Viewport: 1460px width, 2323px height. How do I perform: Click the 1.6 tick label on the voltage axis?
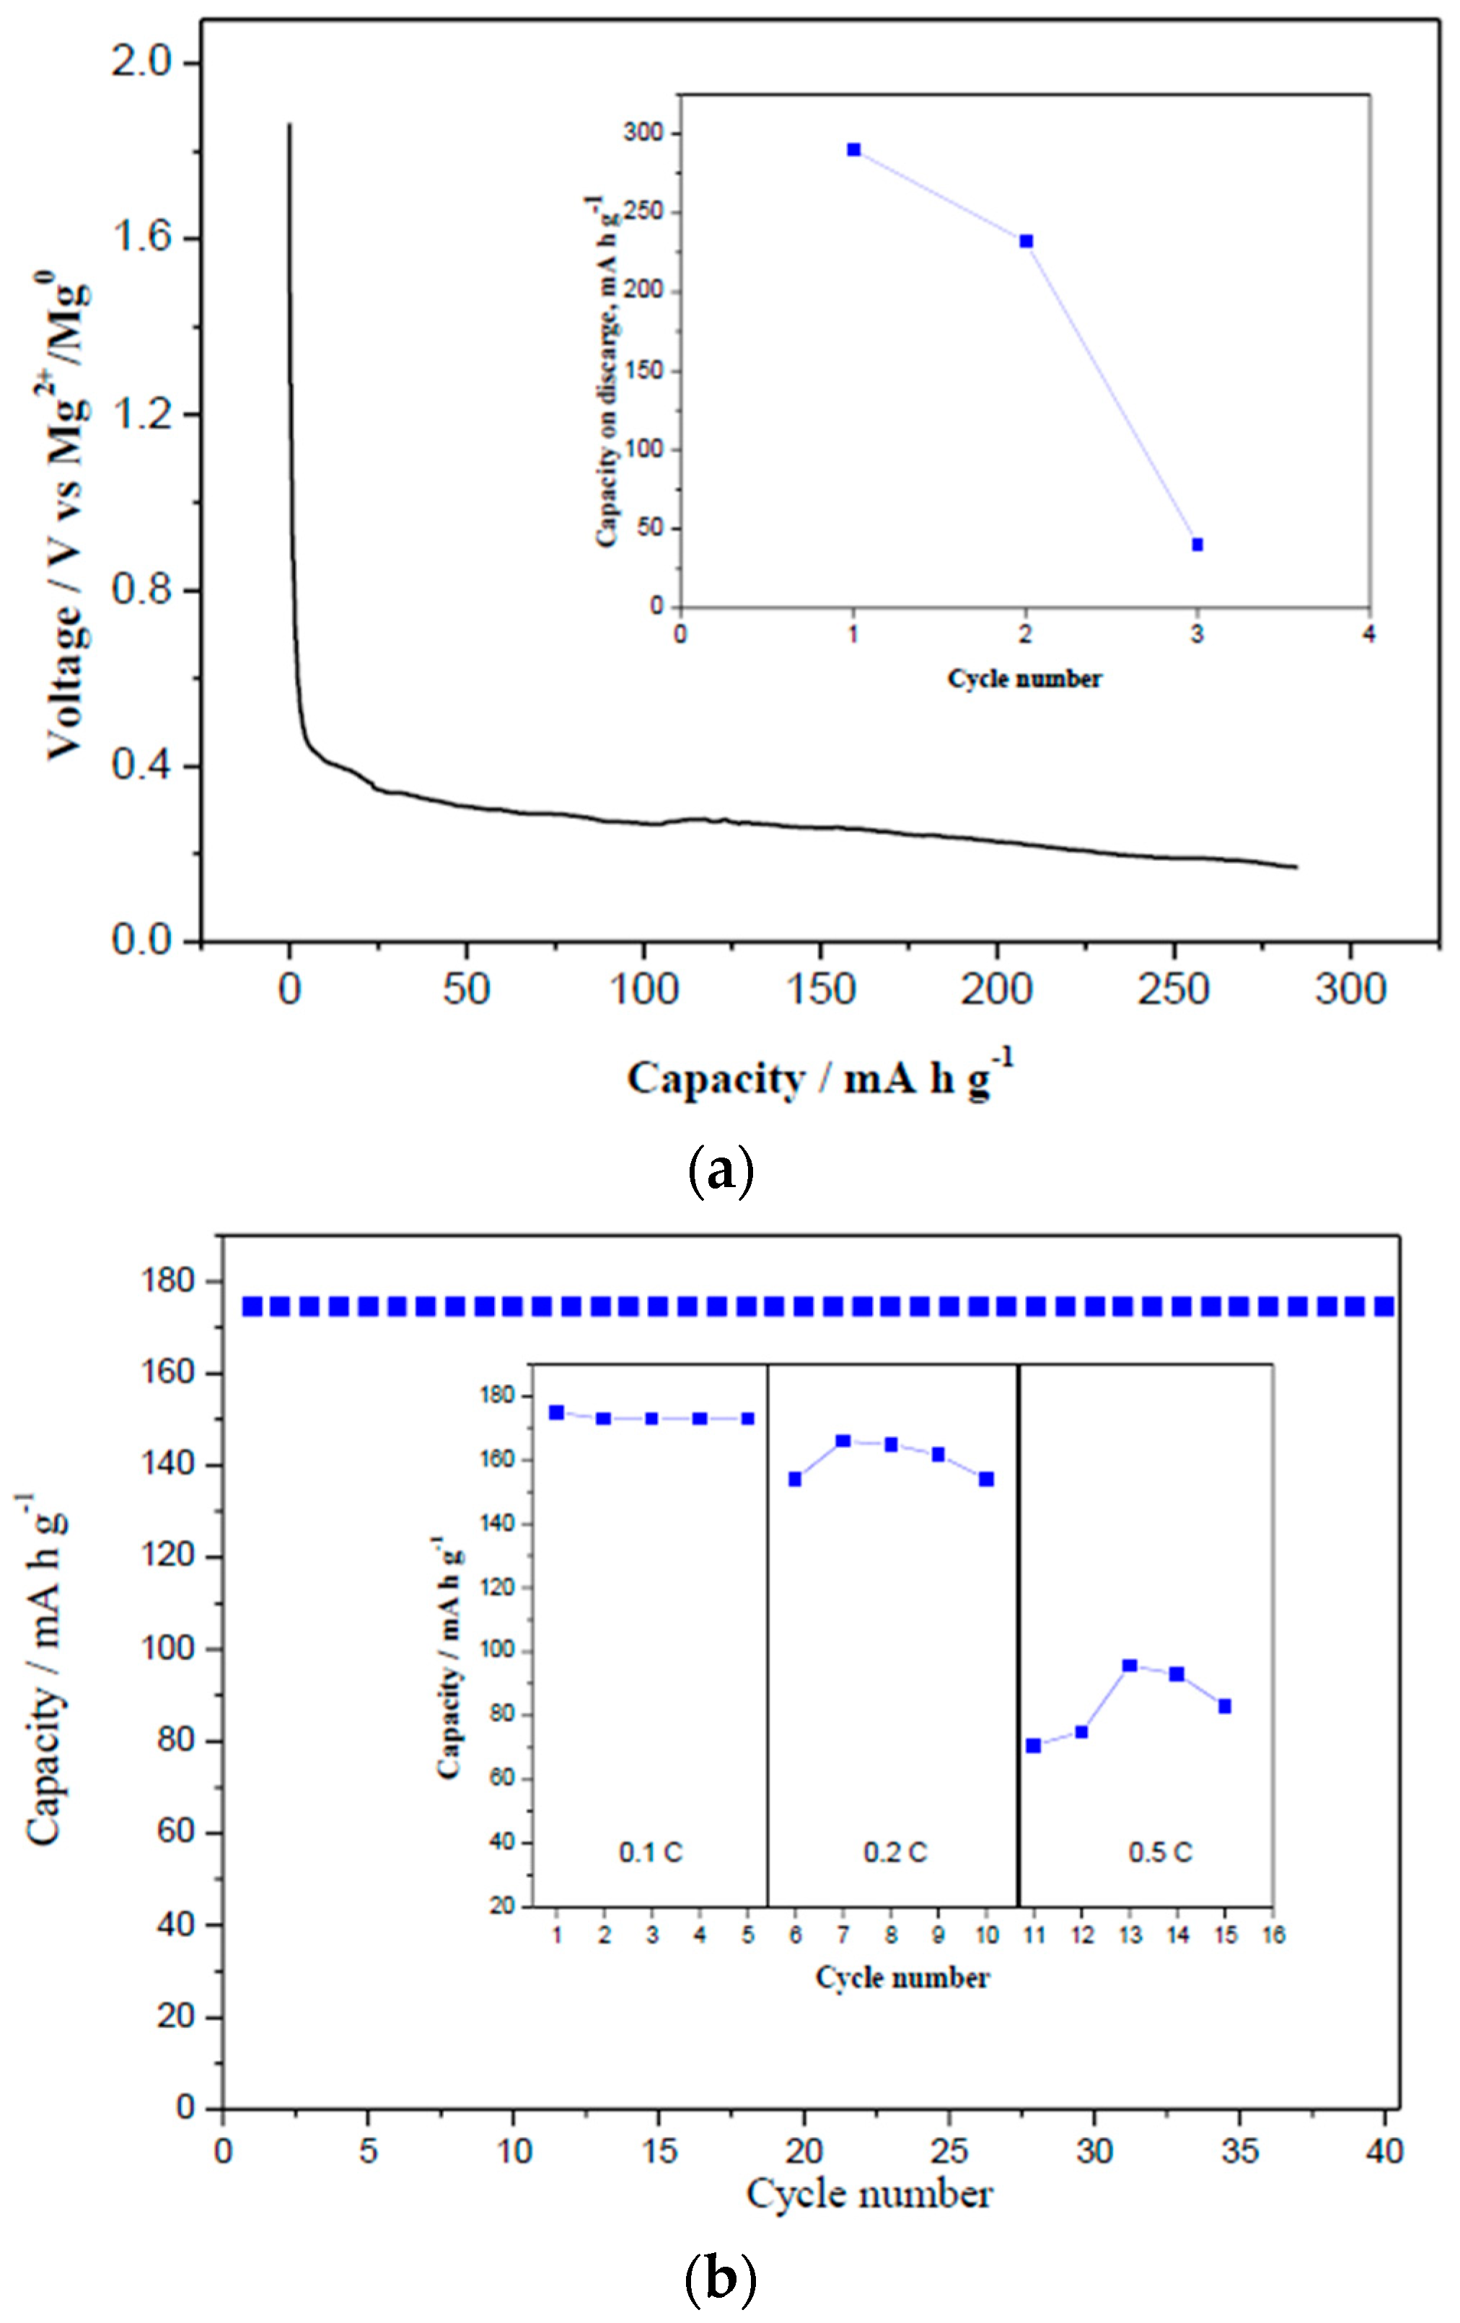tap(145, 238)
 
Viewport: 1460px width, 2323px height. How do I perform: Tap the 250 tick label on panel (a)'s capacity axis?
tap(1174, 989)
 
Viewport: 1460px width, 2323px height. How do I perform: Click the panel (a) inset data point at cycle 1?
tap(853, 149)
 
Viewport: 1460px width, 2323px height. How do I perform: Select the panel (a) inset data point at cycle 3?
tap(1197, 544)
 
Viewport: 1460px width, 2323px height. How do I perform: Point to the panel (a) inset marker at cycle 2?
tap(1026, 241)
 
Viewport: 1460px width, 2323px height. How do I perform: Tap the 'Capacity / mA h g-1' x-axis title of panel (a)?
tap(819, 1078)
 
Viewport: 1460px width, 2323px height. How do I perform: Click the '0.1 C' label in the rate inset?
tap(651, 1852)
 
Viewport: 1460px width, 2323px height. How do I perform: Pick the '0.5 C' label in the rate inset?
tap(1160, 1852)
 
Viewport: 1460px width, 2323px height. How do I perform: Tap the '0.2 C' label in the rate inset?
tap(894, 1852)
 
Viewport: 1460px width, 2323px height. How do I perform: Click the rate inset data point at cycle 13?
tap(1129, 1665)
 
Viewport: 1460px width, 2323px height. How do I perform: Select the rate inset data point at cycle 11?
tap(1034, 1745)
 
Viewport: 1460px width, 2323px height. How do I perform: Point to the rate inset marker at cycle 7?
tap(843, 1440)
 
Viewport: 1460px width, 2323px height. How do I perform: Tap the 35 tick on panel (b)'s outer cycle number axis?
tap(1239, 2151)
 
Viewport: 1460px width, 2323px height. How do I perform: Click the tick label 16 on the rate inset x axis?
tap(1272, 1934)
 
